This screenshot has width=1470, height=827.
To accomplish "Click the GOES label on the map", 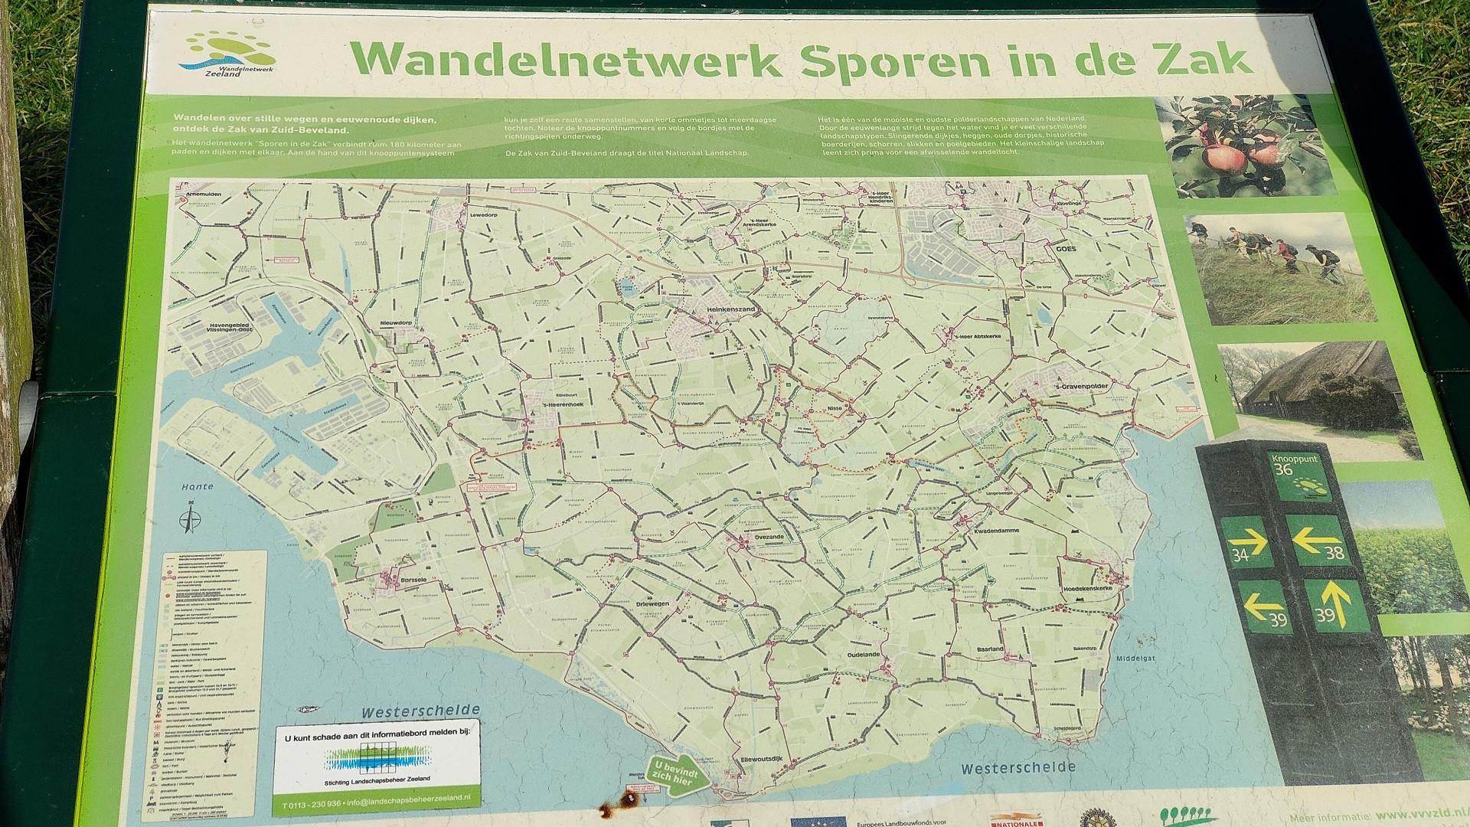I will pos(1066,250).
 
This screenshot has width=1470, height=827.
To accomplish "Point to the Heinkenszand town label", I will pos(711,309).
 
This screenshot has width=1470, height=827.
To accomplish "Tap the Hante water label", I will pos(198,486).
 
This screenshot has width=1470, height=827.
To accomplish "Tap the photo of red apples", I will pos(1245,145).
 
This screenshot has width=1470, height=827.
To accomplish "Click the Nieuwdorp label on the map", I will pos(396,323).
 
